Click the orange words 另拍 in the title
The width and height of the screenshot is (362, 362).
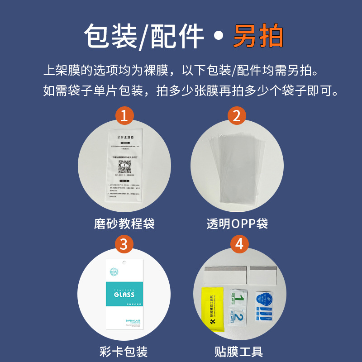coord(258,36)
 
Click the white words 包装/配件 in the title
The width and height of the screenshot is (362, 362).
coord(144,36)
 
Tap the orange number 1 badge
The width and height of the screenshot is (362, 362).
coord(124,116)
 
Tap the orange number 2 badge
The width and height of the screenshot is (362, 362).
coord(237,116)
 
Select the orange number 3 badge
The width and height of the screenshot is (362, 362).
coord(124,245)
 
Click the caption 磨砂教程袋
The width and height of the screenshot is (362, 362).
coord(124,224)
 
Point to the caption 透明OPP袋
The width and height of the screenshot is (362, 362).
coord(237,224)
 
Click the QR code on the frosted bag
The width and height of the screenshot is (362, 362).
coord(124,167)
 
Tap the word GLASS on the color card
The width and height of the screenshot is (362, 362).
coord(124,294)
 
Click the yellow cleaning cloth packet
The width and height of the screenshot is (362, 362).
coord(212,305)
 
